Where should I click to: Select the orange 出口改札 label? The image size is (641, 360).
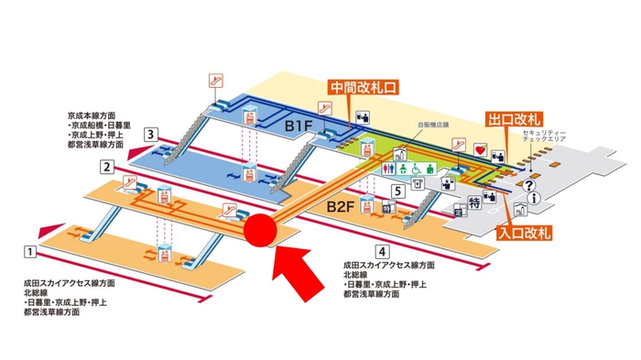[516, 120]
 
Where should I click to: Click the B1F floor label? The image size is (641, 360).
[299, 122]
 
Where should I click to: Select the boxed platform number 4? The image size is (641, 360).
[381, 250]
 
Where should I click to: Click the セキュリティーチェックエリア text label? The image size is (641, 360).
[546, 139]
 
